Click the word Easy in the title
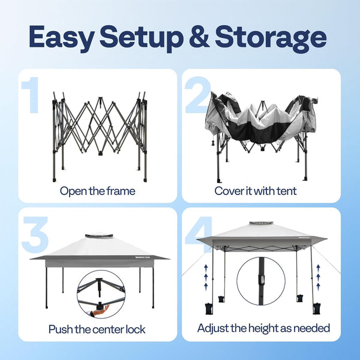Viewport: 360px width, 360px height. [x=62, y=37]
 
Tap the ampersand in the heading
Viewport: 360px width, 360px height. [x=199, y=37]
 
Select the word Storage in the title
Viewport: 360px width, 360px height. [x=271, y=38]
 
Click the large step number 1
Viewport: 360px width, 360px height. [x=31, y=95]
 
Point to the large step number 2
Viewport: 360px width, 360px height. [x=197, y=95]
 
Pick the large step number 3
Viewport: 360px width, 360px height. [x=35, y=234]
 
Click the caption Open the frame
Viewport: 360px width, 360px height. [x=98, y=191]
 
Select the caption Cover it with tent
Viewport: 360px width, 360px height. [x=256, y=191]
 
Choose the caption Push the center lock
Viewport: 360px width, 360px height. [x=97, y=329]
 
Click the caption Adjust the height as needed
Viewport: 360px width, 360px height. [x=263, y=329]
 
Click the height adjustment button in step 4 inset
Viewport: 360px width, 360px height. [x=262, y=280]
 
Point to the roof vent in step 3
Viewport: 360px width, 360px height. [x=99, y=236]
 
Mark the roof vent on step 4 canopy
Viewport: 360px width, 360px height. [x=262, y=223]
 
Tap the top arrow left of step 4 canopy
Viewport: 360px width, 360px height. [x=206, y=267]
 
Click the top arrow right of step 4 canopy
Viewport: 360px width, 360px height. [x=318, y=267]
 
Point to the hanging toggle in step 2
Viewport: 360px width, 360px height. [x=212, y=142]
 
